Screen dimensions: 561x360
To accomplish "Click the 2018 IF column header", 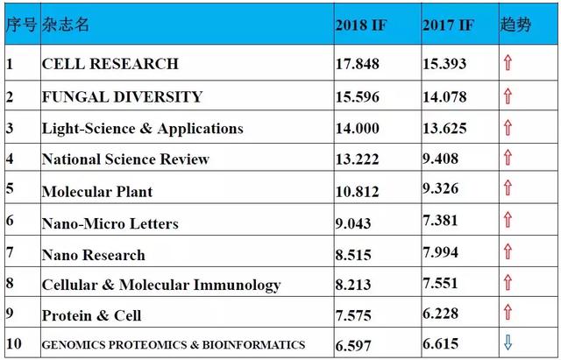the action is [x=361, y=25].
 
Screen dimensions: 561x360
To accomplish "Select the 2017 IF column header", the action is [x=448, y=25].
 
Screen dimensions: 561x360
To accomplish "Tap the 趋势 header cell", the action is [x=515, y=25].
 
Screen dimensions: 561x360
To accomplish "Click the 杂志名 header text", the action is [x=65, y=25].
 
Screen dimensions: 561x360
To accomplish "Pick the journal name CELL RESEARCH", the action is [x=110, y=64].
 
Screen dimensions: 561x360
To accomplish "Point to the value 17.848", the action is [x=357, y=64].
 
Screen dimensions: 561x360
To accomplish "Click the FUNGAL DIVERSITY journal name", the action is [x=123, y=97].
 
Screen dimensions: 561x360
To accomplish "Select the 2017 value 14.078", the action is [x=444, y=97].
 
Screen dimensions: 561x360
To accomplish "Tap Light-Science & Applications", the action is [x=142, y=129].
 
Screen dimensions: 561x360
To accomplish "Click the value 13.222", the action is [x=357, y=159].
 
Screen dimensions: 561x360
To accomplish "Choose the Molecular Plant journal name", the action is [x=97, y=192].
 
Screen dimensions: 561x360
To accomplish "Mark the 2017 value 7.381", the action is [x=440, y=220].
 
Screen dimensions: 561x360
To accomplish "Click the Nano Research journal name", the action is [x=94, y=255].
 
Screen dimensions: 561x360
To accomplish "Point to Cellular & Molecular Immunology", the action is [x=161, y=286].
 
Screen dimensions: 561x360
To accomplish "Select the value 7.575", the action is [x=353, y=315].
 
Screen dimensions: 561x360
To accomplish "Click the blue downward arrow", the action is [x=508, y=342].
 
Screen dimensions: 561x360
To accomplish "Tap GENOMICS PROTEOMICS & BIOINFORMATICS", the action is [x=174, y=345].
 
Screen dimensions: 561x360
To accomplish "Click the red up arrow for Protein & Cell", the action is [x=508, y=312].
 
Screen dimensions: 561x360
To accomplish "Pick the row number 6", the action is [x=10, y=220].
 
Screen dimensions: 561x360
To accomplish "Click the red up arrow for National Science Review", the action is [x=508, y=158].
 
